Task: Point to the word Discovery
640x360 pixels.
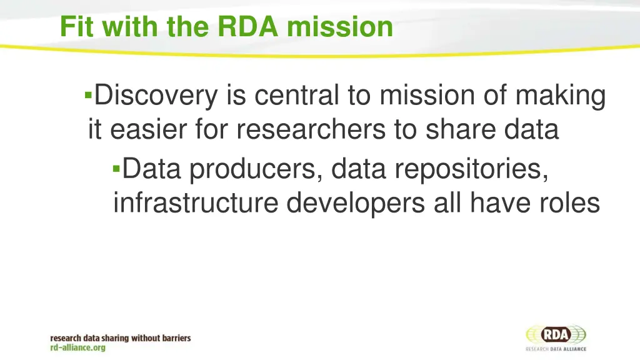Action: coord(156,96)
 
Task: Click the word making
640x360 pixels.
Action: coord(560,97)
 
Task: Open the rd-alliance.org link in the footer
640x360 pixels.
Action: coord(78,347)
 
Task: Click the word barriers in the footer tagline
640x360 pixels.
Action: coord(172,338)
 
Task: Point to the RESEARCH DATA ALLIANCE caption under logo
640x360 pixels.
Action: coord(556,349)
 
